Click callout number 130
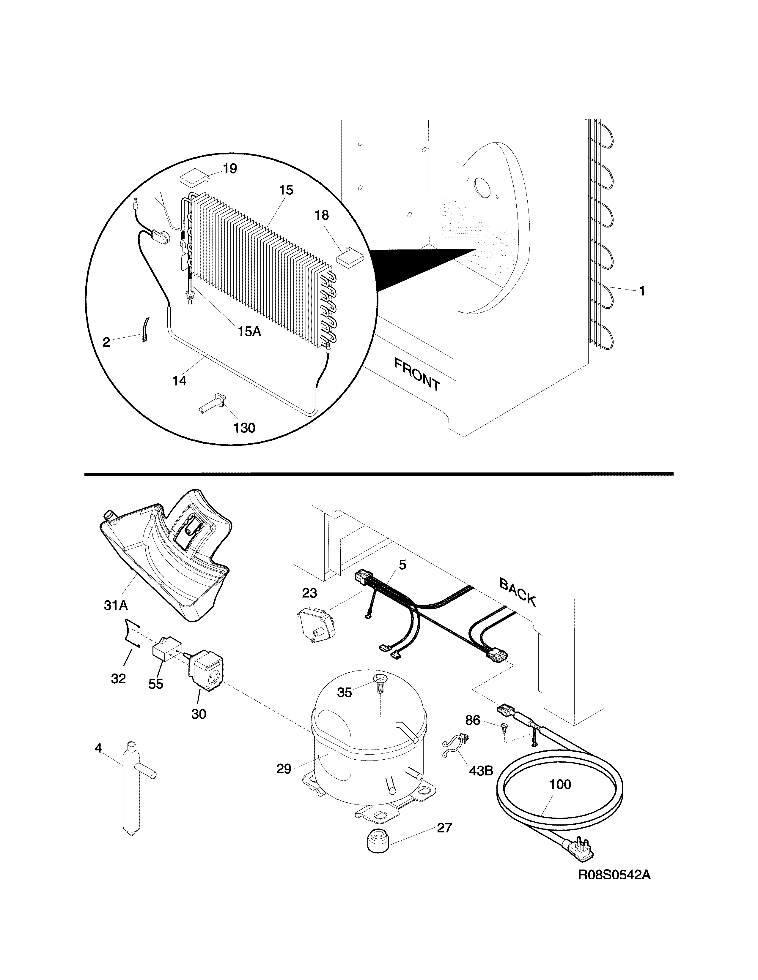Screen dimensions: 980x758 click(x=244, y=428)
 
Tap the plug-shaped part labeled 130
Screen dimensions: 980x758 click(x=213, y=402)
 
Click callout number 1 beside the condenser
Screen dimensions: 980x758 click(x=642, y=291)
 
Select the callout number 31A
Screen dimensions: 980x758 click(x=116, y=605)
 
